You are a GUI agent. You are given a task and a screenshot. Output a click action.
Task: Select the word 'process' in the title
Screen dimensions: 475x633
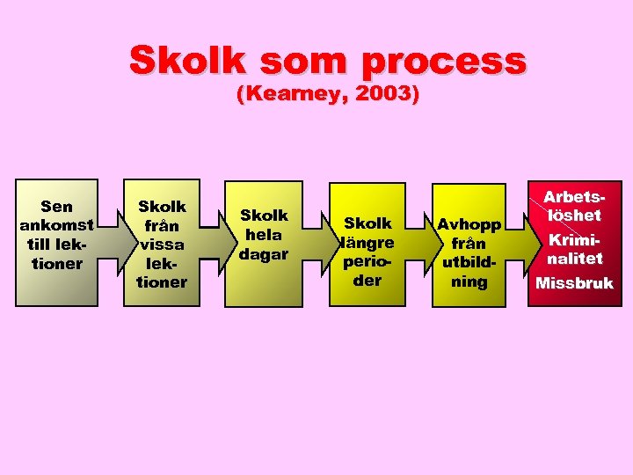444,62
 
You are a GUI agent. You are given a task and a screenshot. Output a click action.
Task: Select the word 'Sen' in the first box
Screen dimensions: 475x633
56,207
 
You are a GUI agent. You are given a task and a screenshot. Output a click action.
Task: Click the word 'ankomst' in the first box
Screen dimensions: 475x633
56,225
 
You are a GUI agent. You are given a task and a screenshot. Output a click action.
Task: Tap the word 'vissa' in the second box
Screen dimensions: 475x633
162,245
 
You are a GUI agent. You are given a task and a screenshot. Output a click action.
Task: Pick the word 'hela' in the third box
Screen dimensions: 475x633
264,235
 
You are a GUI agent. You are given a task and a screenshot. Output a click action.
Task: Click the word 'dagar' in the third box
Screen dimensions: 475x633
264,253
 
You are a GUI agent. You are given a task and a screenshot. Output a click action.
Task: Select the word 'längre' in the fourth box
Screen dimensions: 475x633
367,243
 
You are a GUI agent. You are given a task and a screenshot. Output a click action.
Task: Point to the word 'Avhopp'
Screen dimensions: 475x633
469,225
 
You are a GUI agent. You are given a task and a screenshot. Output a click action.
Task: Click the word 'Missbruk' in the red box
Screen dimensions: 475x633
574,283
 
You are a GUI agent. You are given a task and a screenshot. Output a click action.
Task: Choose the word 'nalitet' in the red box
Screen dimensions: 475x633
574,259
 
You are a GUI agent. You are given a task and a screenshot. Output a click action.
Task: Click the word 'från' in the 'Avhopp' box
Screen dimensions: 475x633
469,244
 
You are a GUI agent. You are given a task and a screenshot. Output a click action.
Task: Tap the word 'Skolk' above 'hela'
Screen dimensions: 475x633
264,216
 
